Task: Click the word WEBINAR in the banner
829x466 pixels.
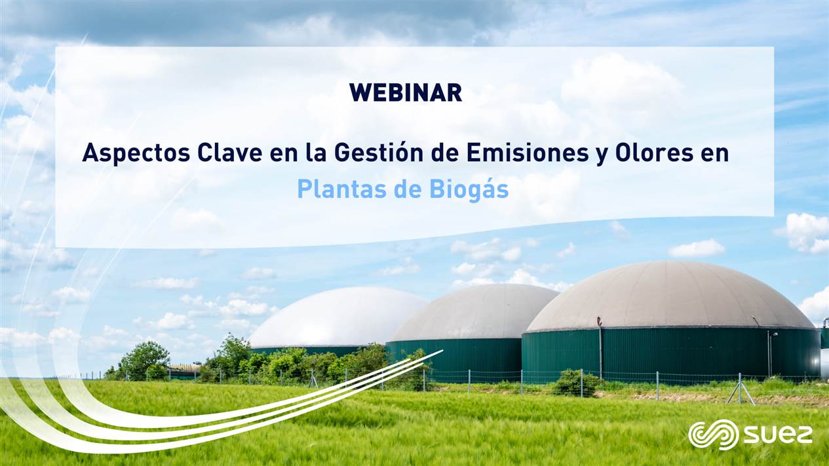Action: coord(406,92)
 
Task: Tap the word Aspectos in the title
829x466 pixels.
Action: coord(136,153)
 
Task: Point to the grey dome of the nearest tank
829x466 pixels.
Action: coord(670,296)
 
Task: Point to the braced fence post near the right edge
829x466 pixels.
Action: coord(740,388)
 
